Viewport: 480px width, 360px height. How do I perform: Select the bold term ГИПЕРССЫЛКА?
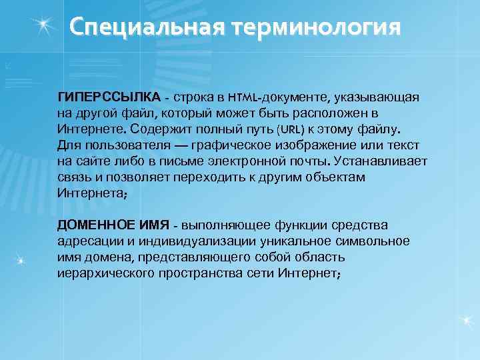109,97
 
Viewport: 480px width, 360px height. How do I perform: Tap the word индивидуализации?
179,241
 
